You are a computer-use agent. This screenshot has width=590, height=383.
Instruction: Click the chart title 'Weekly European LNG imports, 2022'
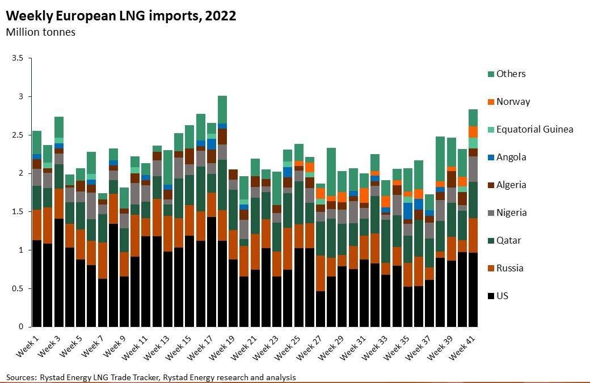coord(121,16)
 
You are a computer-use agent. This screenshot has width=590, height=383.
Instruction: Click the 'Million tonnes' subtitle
coord(40,32)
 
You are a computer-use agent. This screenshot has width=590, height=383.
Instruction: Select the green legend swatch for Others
coord(490,74)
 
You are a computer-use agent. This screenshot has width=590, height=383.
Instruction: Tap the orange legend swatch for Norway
coord(490,101)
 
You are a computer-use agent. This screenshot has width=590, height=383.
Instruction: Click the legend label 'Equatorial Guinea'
coord(534,129)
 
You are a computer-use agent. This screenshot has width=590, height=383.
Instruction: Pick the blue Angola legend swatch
coord(490,157)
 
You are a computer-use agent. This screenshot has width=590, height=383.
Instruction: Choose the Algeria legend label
coord(511,185)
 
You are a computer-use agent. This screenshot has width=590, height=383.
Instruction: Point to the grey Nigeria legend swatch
coord(490,212)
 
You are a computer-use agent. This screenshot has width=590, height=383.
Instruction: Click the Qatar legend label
coord(509,240)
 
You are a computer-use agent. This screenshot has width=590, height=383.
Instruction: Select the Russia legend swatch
coord(490,268)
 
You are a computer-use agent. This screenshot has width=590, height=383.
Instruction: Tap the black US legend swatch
coord(490,296)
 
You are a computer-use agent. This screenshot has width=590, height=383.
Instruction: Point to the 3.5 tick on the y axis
coord(17,58)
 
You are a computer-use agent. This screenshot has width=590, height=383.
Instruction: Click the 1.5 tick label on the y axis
coord(17,211)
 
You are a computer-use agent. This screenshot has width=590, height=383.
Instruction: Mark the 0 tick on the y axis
coord(20,327)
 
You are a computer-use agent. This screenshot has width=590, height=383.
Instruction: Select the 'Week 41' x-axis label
coord(462,346)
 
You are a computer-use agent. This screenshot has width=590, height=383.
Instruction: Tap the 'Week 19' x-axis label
coord(222,346)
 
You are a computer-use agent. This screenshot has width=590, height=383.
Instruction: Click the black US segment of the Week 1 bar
coord(37,283)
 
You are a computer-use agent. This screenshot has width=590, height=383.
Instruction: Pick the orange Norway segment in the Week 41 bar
coord(473,131)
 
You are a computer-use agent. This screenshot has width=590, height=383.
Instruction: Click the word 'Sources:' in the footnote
coord(20,377)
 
